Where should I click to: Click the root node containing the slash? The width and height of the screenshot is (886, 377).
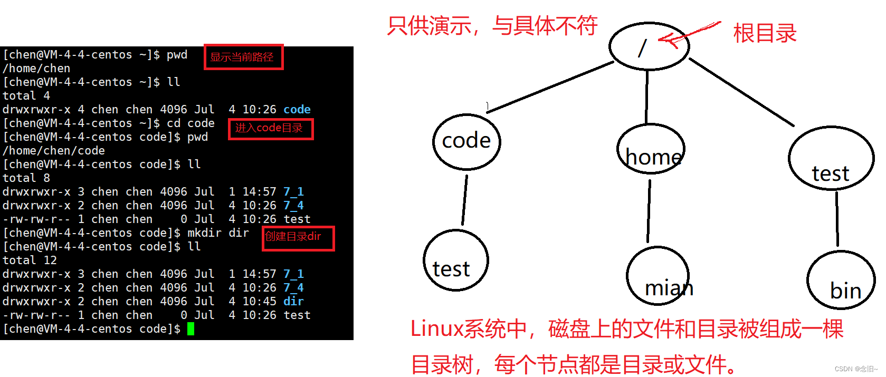[649, 46]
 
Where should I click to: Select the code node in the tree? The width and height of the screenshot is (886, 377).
[466, 141]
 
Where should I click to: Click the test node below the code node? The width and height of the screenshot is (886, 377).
[455, 260]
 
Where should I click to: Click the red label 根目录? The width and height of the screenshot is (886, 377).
[765, 34]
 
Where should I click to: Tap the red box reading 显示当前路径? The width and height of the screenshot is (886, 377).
[243, 57]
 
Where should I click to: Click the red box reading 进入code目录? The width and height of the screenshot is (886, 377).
[271, 129]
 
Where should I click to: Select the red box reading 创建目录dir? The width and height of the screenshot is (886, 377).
[298, 238]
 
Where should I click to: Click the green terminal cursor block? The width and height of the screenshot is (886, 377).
[190, 329]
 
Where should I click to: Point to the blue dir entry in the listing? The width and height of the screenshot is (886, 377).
[293, 302]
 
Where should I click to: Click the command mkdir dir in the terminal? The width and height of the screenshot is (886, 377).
[218, 233]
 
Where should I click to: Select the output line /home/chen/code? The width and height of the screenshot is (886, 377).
[53, 151]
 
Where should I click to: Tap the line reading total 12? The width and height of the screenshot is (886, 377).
[30, 260]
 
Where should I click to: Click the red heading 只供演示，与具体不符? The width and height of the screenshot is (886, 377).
[492, 25]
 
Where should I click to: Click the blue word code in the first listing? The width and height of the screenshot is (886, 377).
[297, 110]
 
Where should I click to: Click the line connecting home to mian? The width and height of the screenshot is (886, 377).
[649, 211]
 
